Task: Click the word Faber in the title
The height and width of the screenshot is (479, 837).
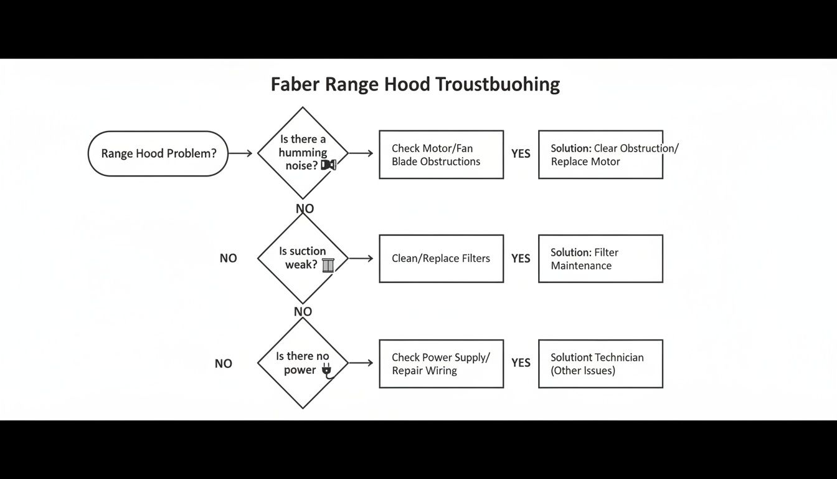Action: [295, 84]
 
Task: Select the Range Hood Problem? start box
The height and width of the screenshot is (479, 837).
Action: [158, 153]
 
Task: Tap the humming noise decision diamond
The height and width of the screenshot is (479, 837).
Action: [303, 153]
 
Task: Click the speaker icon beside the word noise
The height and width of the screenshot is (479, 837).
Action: [328, 165]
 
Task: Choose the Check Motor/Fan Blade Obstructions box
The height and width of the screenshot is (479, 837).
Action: [441, 155]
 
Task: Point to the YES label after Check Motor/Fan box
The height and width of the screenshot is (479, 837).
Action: [521, 153]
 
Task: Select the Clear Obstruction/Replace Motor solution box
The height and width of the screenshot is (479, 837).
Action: [600, 155]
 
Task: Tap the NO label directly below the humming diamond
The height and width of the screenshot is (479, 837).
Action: [305, 208]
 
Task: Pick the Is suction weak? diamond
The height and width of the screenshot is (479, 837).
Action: [303, 258]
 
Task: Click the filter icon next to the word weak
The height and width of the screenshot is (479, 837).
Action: [328, 265]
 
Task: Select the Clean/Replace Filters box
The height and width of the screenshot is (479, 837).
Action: [441, 258]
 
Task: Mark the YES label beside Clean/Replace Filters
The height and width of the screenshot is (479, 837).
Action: [521, 258]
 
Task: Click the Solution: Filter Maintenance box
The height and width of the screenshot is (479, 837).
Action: [600, 259]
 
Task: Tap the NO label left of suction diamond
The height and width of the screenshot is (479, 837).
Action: [228, 258]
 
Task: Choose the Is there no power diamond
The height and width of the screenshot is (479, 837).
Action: [303, 362]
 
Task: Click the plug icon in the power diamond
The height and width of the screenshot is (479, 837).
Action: [326, 371]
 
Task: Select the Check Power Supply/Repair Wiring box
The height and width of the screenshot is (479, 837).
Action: [441, 364]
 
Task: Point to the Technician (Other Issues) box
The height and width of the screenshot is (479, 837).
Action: [600, 364]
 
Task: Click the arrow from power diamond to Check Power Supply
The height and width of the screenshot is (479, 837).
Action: [361, 363]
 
